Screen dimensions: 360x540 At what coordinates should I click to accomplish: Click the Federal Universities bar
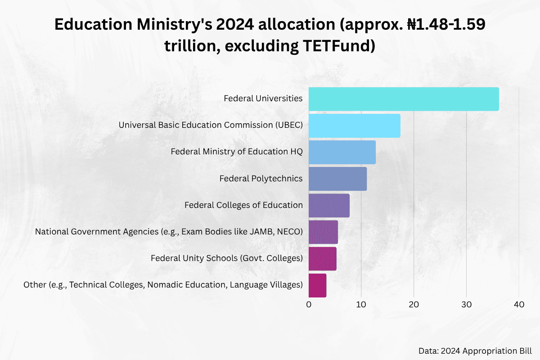[404, 99]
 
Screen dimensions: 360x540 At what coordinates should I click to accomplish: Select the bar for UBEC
[354, 126]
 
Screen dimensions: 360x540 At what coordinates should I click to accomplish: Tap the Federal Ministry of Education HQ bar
[342, 152]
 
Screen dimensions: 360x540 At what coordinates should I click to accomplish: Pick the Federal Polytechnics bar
[337, 179]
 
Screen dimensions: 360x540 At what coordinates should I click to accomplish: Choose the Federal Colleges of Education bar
[329, 205]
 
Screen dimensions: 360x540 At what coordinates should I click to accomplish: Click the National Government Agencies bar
[323, 232]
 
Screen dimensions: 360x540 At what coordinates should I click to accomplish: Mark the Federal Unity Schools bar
[322, 258]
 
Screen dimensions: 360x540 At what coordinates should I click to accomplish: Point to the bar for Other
[317, 285]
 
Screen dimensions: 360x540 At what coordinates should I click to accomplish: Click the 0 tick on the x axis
[309, 305]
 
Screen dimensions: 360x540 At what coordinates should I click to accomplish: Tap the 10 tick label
[361, 305]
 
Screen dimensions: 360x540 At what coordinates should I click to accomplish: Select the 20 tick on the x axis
[414, 305]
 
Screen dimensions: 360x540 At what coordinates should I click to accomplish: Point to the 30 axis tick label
[466, 305]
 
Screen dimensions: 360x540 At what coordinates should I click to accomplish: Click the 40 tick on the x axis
[519, 305]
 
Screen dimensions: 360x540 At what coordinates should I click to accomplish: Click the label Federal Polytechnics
[261, 179]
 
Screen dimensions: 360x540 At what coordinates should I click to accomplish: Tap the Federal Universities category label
[263, 99]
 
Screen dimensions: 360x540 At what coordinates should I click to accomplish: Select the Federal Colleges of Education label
[243, 205]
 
